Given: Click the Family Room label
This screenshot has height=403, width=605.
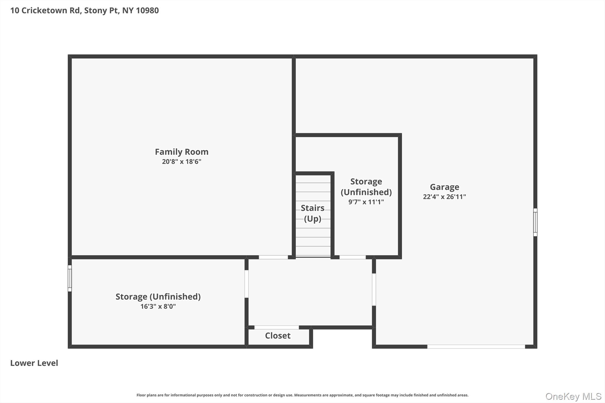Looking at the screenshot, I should coord(181,152).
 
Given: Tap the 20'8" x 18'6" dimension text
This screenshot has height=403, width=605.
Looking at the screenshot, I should coord(181,161).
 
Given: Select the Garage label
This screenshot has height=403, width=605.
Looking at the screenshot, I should coord(444,187).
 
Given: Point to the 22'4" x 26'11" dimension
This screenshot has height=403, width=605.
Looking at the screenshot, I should coord(444,197).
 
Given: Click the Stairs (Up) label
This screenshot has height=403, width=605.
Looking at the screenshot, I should coord(313,213).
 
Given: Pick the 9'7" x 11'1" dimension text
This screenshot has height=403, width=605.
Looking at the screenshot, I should coord(366,202).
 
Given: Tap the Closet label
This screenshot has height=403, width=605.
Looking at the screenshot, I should coord(278,336).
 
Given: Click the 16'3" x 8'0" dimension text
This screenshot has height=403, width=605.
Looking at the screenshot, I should coord(158,306).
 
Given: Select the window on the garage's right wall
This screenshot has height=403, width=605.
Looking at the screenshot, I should coord(535,222).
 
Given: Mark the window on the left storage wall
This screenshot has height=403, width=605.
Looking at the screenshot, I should coord(70,278).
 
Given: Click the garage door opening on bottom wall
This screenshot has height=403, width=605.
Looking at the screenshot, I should coord(476,347).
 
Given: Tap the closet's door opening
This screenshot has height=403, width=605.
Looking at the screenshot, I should coord(277,327).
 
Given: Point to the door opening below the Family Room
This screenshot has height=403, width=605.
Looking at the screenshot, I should coord(273,257).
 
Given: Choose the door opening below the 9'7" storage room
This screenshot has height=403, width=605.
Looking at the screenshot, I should coord(352,257).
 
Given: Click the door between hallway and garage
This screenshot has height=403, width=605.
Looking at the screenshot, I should coord(374,289).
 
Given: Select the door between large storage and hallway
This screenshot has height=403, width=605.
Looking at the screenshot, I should coord(246,284).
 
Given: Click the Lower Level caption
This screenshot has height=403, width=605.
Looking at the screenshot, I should coord(34,363).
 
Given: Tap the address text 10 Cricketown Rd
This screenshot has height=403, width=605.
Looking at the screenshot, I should coord(46,10).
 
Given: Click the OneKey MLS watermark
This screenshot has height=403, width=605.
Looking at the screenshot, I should coord(573,396).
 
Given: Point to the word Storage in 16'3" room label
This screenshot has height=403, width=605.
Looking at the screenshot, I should coord(131,297).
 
